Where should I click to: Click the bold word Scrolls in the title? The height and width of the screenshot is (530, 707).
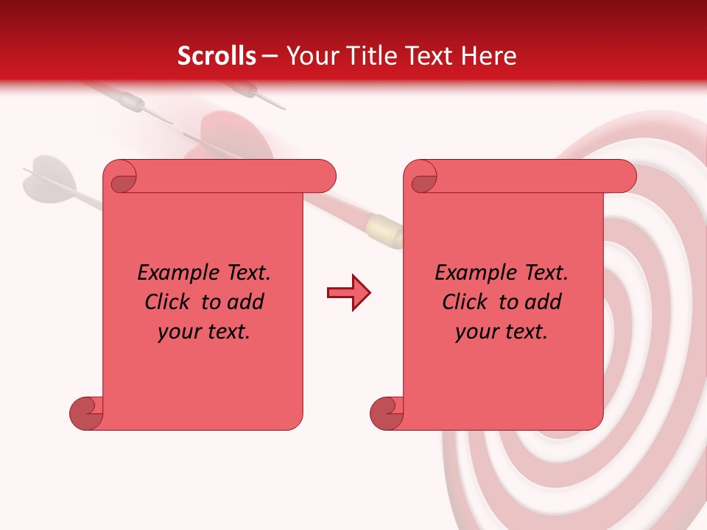(x=217, y=56)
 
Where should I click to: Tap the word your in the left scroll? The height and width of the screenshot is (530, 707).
(x=177, y=332)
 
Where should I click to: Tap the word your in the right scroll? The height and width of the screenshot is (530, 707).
(x=475, y=332)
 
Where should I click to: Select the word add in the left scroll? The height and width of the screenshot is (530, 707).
(x=246, y=302)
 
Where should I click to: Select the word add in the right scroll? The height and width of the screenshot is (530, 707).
(x=544, y=302)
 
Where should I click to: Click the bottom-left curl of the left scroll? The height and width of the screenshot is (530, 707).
(x=86, y=413)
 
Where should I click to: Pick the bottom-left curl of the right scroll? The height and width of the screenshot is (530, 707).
(x=387, y=413)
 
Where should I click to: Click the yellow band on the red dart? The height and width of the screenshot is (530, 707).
(x=384, y=230)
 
